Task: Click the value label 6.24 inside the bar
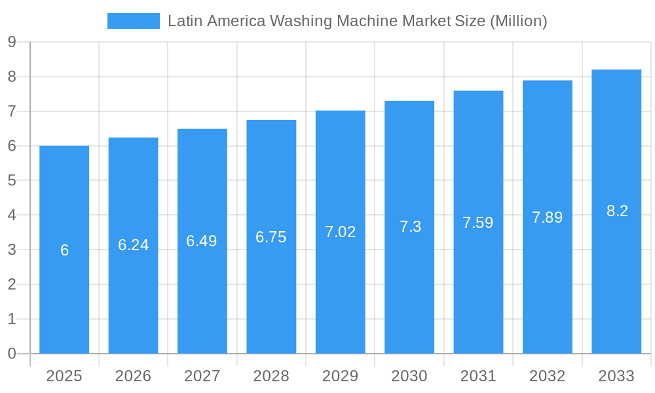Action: click(134, 245)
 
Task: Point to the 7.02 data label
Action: click(341, 232)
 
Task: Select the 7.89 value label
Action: click(548, 217)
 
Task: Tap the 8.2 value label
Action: click(617, 211)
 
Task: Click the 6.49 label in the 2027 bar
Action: click(202, 241)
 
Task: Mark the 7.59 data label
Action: click(478, 223)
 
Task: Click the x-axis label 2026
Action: click(133, 376)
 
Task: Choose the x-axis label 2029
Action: click(341, 376)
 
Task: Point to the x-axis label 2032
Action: click(548, 376)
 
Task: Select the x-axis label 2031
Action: click(478, 376)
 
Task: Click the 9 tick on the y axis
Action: click(12, 43)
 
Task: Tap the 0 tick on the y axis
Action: click(12, 354)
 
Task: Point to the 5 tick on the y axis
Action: click(12, 181)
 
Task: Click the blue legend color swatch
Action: click(134, 21)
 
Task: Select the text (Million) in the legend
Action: click(518, 21)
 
